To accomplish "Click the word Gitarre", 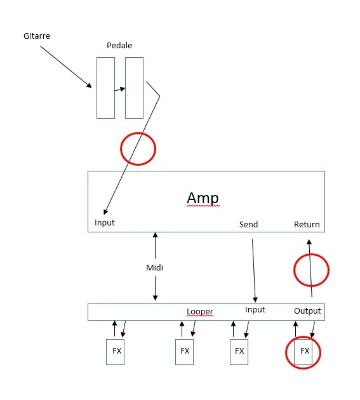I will tap(36, 36).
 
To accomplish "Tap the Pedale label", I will tap(119, 46).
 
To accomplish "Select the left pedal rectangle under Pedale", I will tap(105, 88).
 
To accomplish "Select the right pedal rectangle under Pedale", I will tap(134, 88).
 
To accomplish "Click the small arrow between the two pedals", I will tap(119, 90).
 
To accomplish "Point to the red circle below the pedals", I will tap(138, 149).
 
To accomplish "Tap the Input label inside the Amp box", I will tap(105, 223).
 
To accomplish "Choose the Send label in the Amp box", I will tap(248, 225).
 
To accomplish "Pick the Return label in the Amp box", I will tap(307, 225).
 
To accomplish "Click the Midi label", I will tap(155, 267).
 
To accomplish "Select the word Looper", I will tap(200, 311).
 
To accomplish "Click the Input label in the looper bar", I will tap(255, 310).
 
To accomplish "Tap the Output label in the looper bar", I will tap(307, 310).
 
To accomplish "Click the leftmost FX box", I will tap(115, 351).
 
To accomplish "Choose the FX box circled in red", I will tap(304, 352).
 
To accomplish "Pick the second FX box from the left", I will tap(184, 351).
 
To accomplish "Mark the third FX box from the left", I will tap(239, 351).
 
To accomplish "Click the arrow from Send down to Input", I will tap(254, 270).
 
